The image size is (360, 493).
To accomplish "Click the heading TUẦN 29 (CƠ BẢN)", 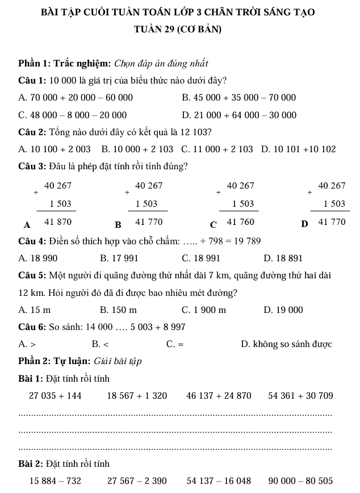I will [x=179, y=30].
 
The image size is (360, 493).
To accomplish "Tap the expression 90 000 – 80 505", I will [x=301, y=481].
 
